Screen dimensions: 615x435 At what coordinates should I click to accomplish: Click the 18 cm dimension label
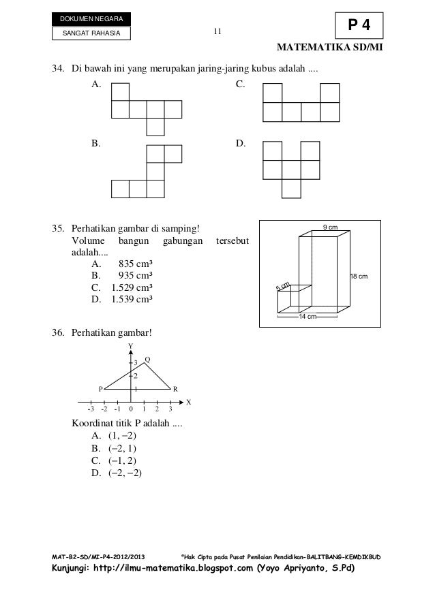click(x=359, y=276)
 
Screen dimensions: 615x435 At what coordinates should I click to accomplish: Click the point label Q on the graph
click(x=147, y=359)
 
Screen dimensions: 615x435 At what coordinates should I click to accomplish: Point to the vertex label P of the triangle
click(x=100, y=389)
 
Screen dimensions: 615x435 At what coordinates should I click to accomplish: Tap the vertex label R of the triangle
click(x=175, y=389)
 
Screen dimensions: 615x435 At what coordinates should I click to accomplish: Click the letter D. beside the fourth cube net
click(x=239, y=144)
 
